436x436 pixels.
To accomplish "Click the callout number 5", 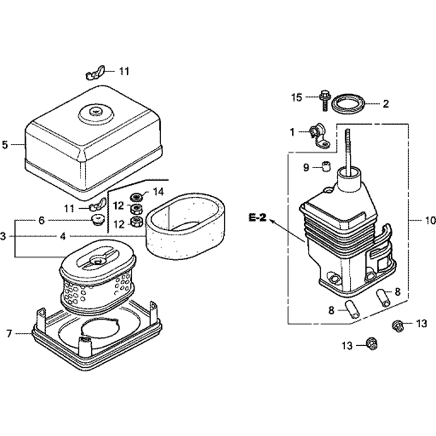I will coord(5,145).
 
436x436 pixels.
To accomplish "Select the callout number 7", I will coord(9,334).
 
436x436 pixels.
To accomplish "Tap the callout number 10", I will coord(430,221).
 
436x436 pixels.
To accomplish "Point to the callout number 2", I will coord(385,104).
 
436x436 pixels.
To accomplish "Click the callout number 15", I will coord(296,97).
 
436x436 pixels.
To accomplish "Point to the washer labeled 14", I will coord(136,194).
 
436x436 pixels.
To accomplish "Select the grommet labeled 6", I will coord(100,218).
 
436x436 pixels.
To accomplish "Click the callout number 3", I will coord(3,236).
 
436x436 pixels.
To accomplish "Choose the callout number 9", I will coord(306,167).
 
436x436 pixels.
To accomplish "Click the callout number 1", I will coord(293,131).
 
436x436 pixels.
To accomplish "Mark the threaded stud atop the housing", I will coord(348,148).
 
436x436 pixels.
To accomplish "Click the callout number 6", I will coord(41,221).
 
